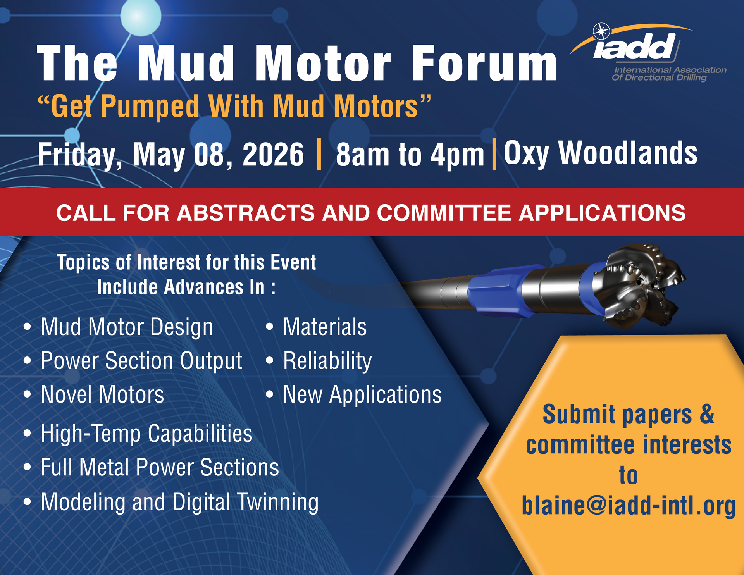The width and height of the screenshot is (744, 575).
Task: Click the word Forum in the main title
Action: point(484,63)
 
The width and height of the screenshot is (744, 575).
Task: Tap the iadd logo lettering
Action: point(634,46)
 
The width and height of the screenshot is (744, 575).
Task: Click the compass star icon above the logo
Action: point(601,31)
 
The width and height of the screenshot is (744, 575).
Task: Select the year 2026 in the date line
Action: point(273,155)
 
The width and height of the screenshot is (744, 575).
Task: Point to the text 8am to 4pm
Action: point(410,155)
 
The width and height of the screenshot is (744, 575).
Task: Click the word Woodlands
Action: point(628,153)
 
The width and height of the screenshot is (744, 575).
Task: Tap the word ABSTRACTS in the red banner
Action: point(246,213)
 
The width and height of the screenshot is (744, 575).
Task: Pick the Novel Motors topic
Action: point(103,394)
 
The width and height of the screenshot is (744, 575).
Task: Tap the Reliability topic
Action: point(327,361)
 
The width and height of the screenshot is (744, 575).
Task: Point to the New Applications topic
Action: point(362,395)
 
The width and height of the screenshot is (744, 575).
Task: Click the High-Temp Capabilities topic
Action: point(146,434)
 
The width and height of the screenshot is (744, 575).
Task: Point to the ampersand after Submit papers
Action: point(707,414)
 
